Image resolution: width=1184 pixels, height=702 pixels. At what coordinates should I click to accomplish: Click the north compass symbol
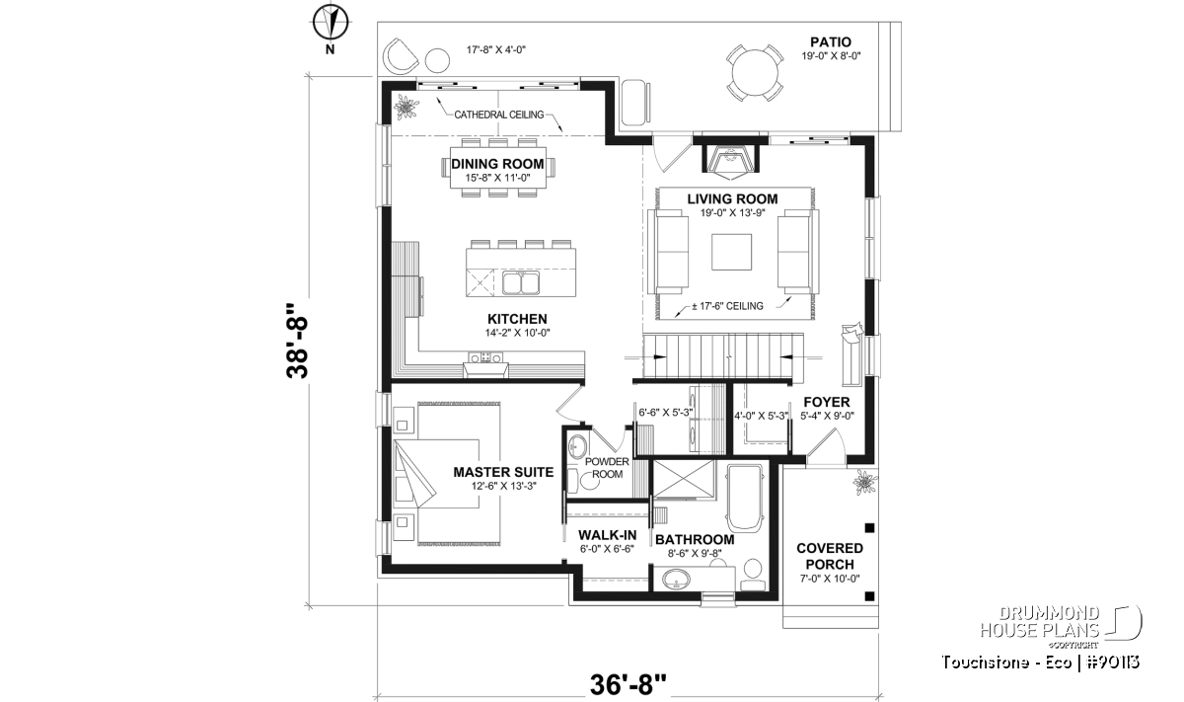[330, 23]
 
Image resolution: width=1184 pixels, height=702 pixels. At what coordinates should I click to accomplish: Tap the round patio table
[755, 72]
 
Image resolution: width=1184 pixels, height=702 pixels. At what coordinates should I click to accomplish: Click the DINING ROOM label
[497, 164]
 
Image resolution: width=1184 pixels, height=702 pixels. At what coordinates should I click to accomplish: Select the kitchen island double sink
[520, 282]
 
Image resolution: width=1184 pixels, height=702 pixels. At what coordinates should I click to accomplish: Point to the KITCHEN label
[517, 319]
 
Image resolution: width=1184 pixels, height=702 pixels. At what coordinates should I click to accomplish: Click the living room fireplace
[730, 156]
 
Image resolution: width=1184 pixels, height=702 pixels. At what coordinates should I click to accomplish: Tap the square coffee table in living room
[731, 252]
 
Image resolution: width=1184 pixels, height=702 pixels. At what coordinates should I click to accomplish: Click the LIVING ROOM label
[732, 198]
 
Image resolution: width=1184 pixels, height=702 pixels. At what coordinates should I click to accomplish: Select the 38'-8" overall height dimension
[297, 341]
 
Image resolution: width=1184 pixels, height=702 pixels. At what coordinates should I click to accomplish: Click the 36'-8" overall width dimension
[628, 684]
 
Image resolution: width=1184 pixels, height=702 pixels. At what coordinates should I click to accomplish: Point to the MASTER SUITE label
[503, 472]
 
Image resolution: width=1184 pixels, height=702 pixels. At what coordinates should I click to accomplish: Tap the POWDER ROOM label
[607, 468]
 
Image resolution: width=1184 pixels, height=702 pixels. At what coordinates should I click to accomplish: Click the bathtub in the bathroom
[745, 499]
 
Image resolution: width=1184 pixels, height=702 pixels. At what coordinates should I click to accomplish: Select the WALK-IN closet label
[607, 535]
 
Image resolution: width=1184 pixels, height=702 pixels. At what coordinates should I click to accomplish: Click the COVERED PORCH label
[830, 556]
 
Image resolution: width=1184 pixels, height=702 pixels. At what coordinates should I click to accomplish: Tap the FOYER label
[827, 402]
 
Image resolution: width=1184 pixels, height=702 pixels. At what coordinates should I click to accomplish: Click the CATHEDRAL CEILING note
[499, 115]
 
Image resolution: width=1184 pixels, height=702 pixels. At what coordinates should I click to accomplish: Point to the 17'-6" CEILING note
[727, 306]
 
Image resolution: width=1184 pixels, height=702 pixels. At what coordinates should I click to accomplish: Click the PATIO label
[831, 41]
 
